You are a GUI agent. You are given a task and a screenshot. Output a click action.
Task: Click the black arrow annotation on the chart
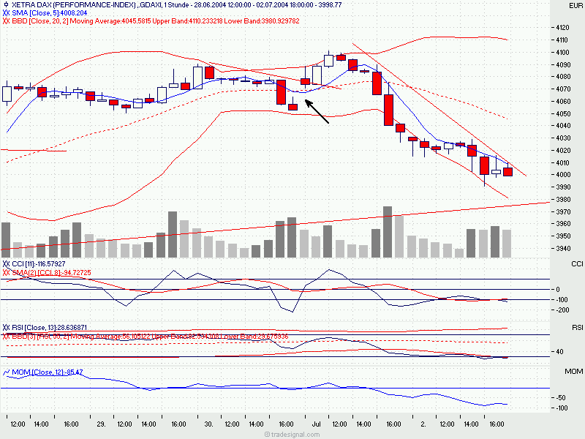point(317,111)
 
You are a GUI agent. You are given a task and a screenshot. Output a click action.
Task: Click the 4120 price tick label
point(563,28)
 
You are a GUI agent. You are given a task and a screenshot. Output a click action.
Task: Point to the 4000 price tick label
point(563,175)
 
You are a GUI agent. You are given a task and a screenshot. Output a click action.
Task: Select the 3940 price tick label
point(563,249)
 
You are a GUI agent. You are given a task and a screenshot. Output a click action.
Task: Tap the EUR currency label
point(576,6)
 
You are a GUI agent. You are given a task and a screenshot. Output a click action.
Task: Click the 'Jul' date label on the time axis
point(316,424)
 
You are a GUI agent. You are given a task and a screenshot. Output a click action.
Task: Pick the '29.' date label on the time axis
point(102,424)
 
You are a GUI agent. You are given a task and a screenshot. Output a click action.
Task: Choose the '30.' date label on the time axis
point(208,424)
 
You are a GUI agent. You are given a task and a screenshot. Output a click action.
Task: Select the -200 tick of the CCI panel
point(563,310)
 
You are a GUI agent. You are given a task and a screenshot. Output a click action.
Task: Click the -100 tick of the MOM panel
point(563,408)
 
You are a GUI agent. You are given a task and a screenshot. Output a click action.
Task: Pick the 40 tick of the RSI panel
point(559,351)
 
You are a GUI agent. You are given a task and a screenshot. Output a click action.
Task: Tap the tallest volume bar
point(388,232)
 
